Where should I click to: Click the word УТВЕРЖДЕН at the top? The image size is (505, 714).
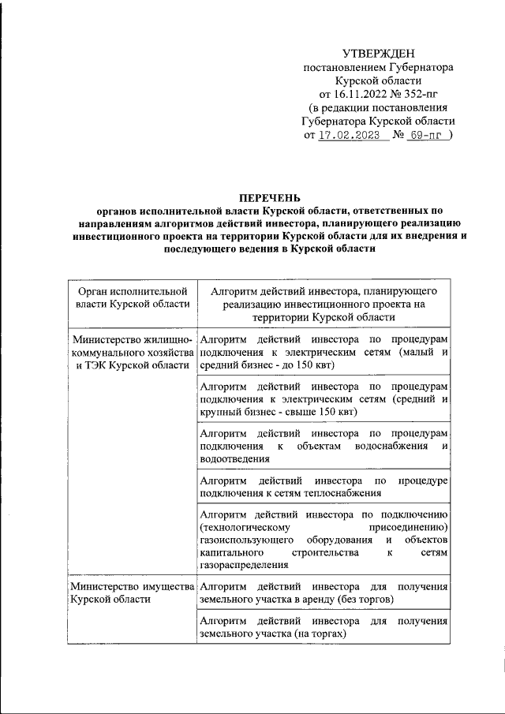point(379,54)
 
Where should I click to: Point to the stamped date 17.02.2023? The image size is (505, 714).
point(349,135)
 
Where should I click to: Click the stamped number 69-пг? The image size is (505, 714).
point(427,135)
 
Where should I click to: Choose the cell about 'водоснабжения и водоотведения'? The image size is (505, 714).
point(324,446)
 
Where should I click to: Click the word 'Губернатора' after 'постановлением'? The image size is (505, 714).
point(421,68)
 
